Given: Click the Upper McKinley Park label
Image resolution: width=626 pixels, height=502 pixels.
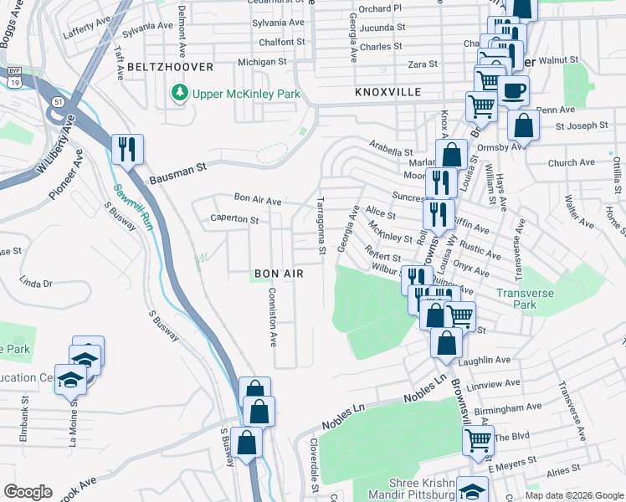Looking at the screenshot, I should point(246,94).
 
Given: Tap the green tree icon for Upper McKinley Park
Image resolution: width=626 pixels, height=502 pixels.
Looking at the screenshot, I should point(179,93).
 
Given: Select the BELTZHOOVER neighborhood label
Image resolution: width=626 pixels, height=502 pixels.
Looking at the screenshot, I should point(170,66).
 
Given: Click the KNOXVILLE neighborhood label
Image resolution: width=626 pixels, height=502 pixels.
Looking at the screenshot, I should point(387,92).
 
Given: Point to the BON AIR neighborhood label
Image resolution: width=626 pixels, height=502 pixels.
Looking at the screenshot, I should point(278,274).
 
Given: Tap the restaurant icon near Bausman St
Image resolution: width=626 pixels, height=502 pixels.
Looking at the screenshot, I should point(127,150).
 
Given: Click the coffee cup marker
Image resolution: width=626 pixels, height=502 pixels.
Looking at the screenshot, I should point(512,90).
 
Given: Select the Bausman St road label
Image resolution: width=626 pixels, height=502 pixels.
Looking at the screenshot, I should point(178,174).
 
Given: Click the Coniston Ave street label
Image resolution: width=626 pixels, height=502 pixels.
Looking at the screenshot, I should point(271,317).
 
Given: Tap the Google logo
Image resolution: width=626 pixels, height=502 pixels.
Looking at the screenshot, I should point(28,492).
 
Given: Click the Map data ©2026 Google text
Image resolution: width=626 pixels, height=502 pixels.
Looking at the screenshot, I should point(574,495).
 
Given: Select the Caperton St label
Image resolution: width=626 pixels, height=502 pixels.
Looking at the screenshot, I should point(233,218).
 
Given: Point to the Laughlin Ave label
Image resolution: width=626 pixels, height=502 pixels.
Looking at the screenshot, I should point(485,360).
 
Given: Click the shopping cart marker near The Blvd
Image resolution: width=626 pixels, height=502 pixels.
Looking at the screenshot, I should point(477,439).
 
